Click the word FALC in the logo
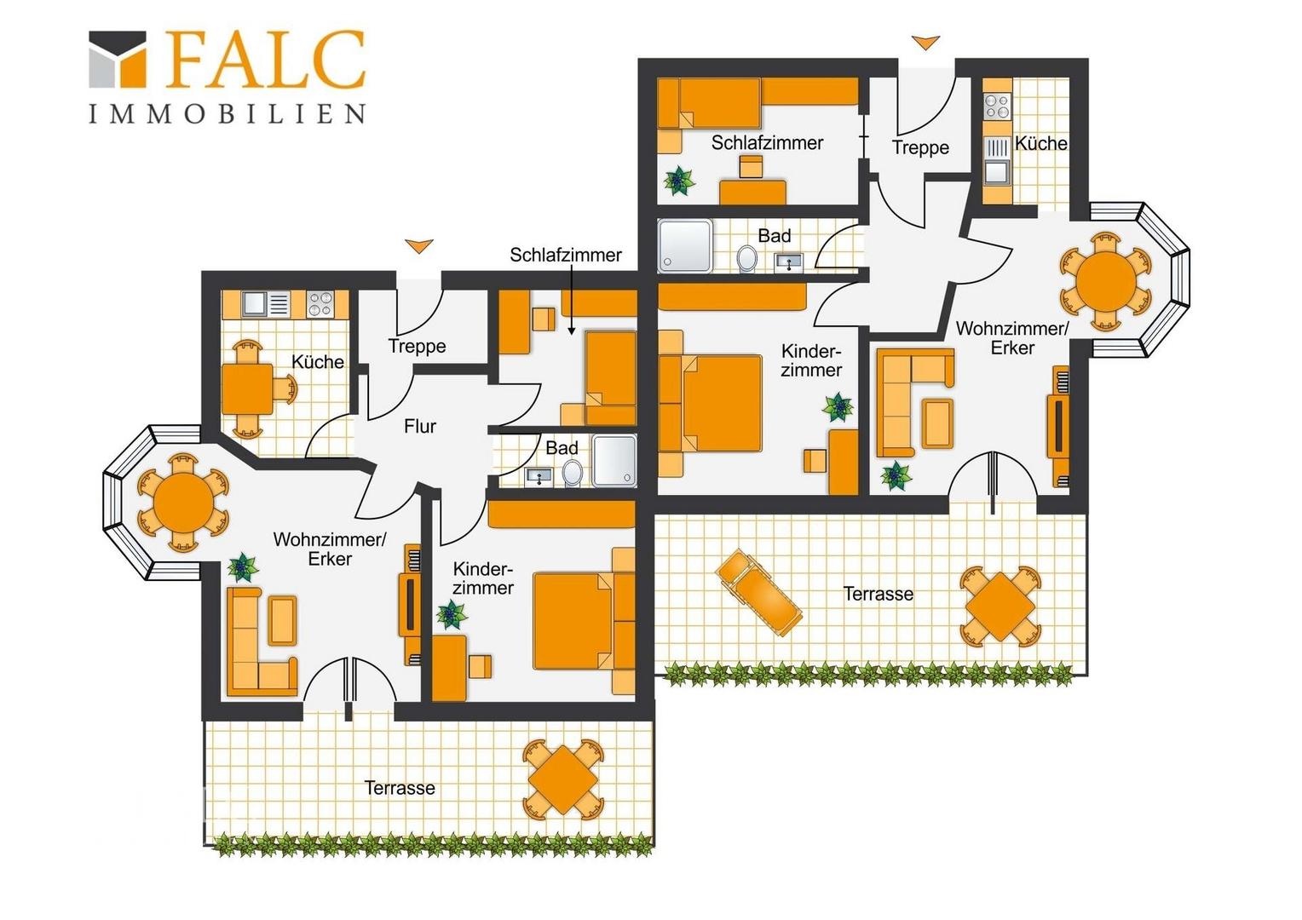pos(266,60)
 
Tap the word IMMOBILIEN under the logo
pos(228,113)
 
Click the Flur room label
pos(420,426)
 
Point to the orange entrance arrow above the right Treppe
pos(925,43)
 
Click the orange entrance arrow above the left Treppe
pos(419,246)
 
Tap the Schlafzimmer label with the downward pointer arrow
pos(566,255)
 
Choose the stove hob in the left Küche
pos(320,304)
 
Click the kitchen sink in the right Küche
pos(996,171)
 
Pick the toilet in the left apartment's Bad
pos(573,473)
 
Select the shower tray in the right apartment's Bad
pos(685,246)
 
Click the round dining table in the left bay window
pos(183,503)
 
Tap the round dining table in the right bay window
pos(1105,282)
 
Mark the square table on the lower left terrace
pos(563,780)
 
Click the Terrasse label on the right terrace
pos(878,594)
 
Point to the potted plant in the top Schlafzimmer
pos(679,181)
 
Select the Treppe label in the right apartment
pos(920,147)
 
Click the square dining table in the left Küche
pos(248,388)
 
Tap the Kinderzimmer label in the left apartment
pos(483,578)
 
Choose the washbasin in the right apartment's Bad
pos(789,262)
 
